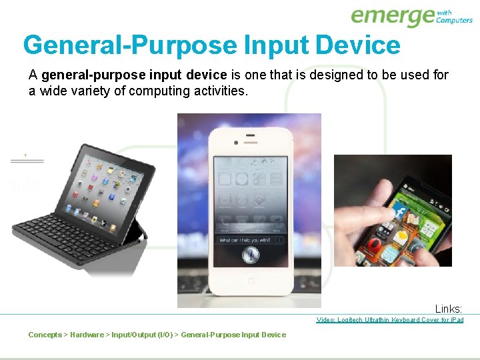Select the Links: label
click(x=448, y=309)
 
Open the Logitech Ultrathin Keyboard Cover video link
click(x=389, y=320)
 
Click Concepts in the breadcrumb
click(x=45, y=335)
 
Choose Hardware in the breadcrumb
click(x=87, y=335)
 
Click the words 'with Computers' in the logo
click(x=454, y=16)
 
